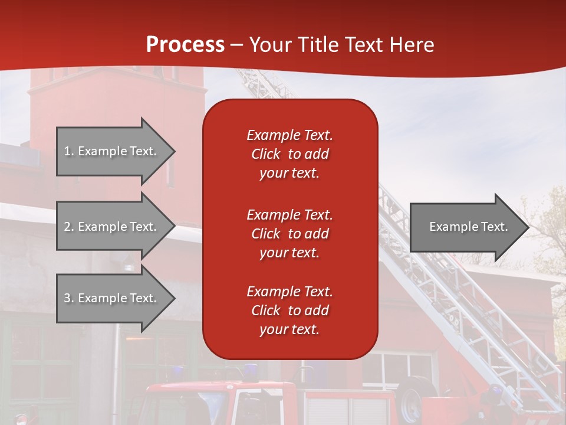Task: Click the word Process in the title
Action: (185, 45)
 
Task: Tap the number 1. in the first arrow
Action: (69, 151)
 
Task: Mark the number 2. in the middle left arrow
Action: (69, 227)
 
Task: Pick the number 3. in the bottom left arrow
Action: (69, 298)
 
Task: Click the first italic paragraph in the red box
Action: (289, 154)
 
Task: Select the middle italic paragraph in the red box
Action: (289, 234)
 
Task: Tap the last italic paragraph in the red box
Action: (289, 310)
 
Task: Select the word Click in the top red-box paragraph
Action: (266, 154)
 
